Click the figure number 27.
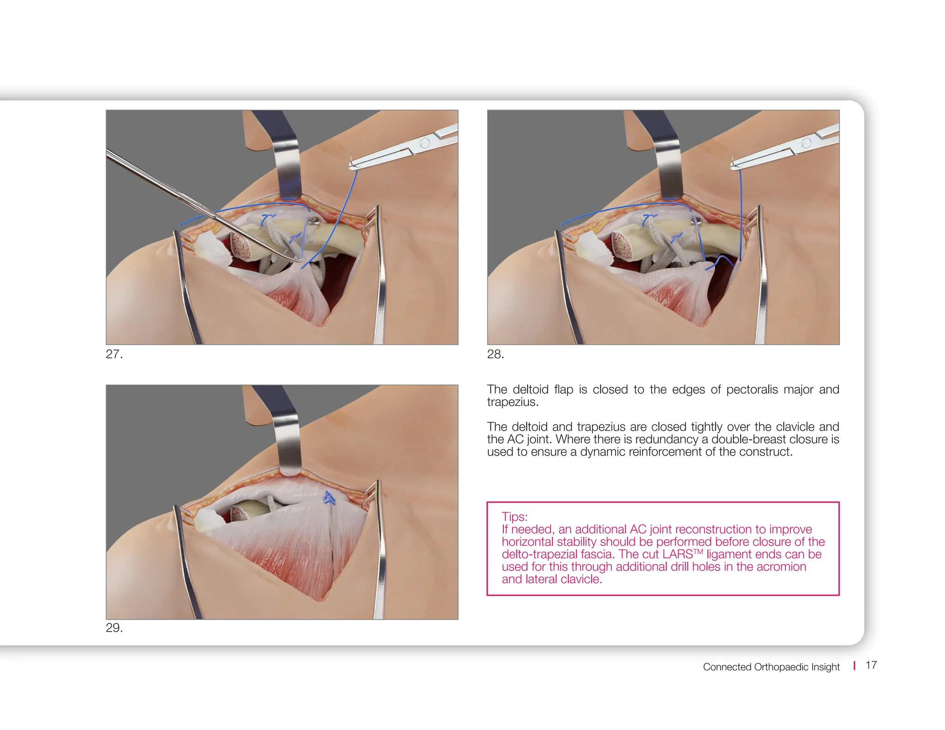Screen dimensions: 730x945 tap(114, 354)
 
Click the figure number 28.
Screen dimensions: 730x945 tap(495, 354)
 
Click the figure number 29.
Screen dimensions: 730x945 tap(114, 628)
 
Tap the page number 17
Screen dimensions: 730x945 tap(871, 665)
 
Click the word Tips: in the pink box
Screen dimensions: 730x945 tap(514, 517)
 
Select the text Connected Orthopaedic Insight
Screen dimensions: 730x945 tap(771, 667)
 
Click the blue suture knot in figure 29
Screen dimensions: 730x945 tap(329, 498)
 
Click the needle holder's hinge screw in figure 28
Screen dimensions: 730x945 tap(806, 143)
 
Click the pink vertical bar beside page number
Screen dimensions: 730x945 tap(854, 665)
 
